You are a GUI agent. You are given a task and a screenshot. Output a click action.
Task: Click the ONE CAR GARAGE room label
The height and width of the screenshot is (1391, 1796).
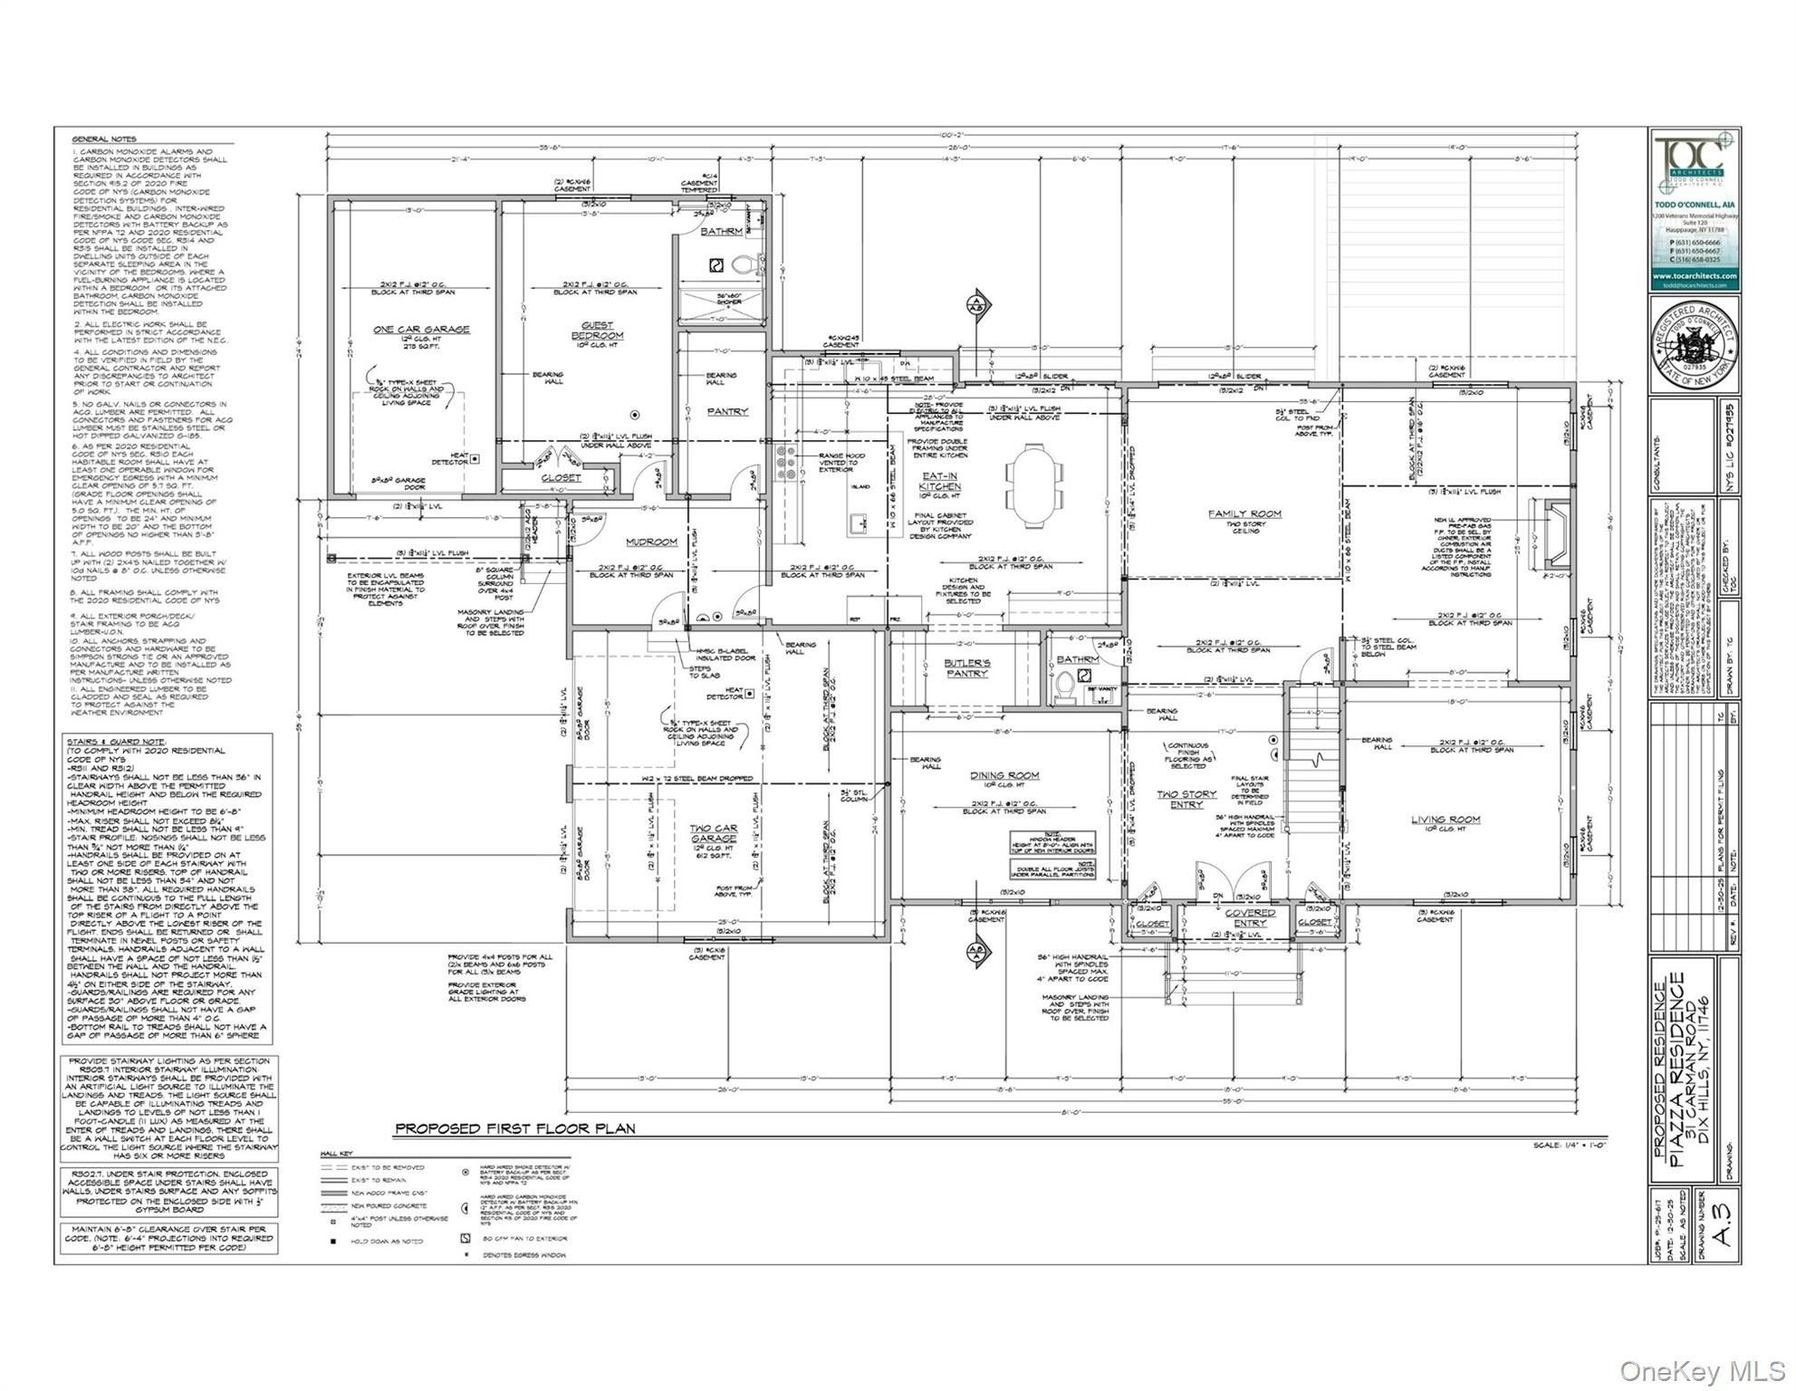(x=421, y=330)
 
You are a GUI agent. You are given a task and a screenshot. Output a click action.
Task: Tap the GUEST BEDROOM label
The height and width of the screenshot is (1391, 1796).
(x=597, y=331)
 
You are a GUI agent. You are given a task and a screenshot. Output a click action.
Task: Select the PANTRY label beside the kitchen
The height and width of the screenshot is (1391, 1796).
(x=727, y=412)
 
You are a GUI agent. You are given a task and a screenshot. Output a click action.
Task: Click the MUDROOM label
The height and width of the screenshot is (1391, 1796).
(x=651, y=542)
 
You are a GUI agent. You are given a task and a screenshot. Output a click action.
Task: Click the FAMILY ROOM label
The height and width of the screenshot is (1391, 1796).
(x=1244, y=513)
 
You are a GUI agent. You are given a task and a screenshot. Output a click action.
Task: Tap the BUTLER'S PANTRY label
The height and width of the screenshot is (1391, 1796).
(x=966, y=668)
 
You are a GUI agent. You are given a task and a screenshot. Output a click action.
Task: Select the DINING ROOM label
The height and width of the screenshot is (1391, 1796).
(x=1004, y=775)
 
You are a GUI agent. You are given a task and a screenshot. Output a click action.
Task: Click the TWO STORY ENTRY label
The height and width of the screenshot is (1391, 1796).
(x=1186, y=800)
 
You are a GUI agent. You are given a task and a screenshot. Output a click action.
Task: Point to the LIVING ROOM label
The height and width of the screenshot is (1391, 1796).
(x=1445, y=820)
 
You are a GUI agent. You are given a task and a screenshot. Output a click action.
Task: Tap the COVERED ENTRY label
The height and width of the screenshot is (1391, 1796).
(x=1250, y=918)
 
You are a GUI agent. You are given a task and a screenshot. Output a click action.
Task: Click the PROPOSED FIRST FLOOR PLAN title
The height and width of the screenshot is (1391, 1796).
(x=514, y=1128)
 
